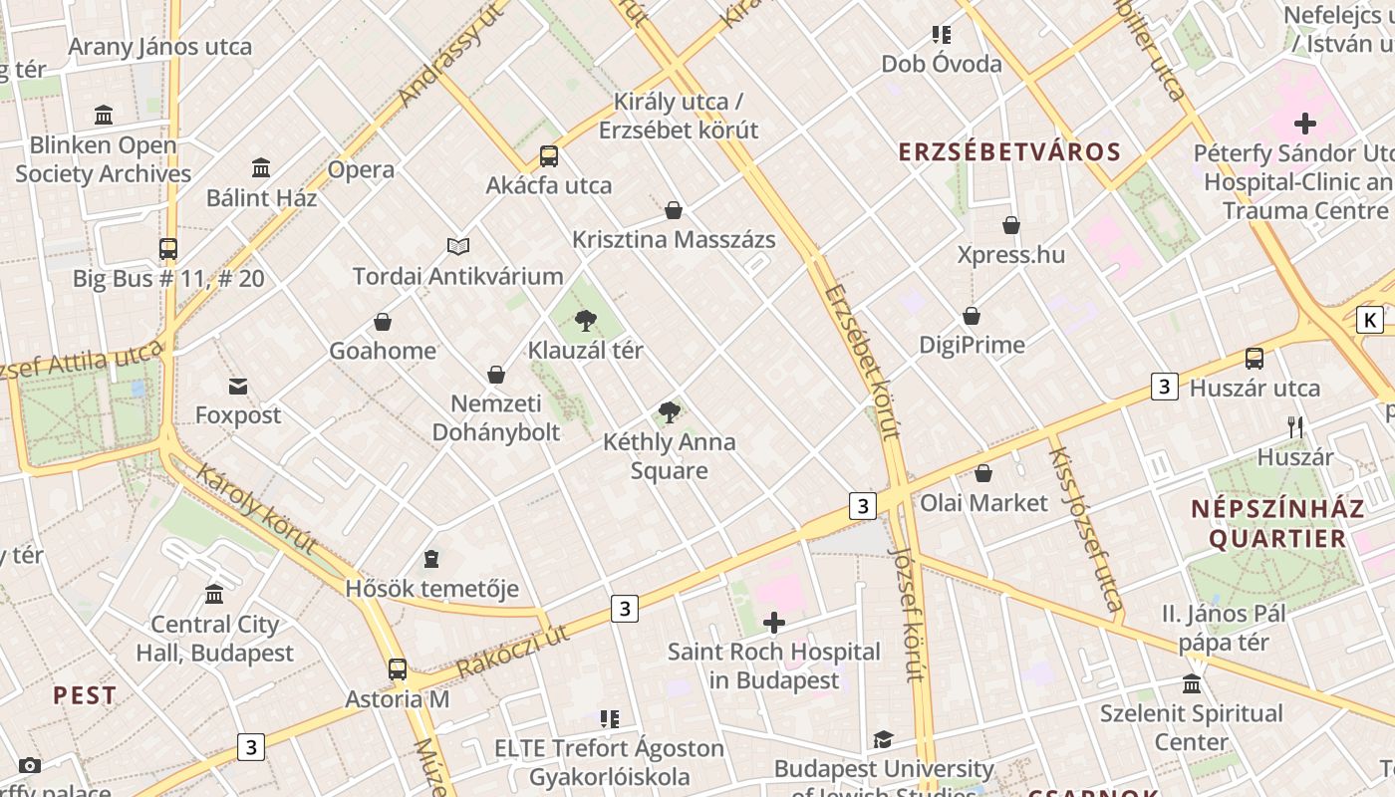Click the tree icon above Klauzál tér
point(586,321)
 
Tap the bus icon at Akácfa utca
point(549,156)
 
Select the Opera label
point(361,169)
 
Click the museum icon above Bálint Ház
point(261,167)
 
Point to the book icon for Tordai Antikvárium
point(458,246)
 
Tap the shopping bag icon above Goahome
point(383,322)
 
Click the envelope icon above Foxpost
point(238,387)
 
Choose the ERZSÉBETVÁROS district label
point(1009,152)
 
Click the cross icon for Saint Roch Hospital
point(774,624)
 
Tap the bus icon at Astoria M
point(398,669)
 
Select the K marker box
point(1371,320)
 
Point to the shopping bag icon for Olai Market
point(983,473)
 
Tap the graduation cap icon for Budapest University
point(883,739)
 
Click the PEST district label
point(85,695)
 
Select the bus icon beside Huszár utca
point(1255,359)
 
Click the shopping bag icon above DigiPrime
point(972,316)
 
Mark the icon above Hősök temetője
point(431,559)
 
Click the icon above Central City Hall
point(214,595)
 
